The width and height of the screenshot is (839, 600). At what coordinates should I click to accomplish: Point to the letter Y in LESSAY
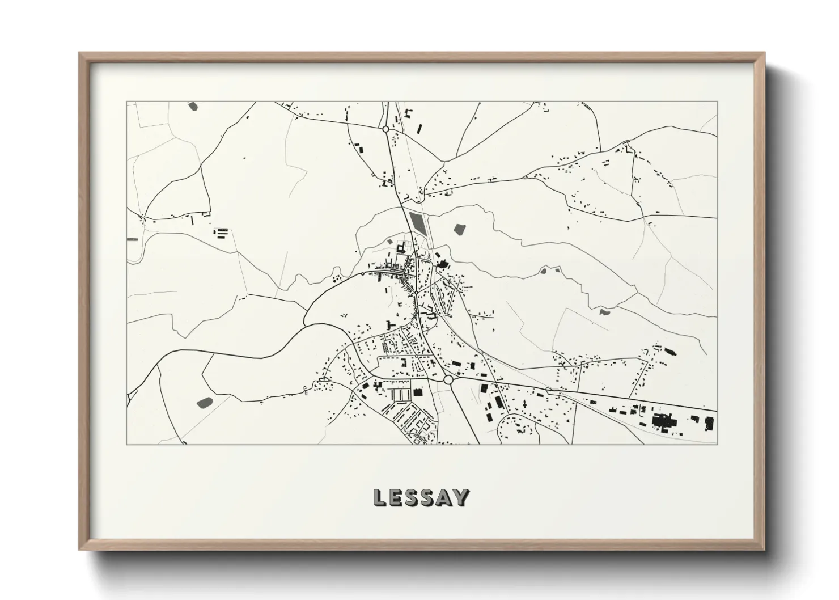point(462,497)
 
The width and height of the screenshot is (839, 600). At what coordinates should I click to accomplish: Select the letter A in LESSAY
point(444,497)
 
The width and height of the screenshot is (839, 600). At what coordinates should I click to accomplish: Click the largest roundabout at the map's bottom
point(448,379)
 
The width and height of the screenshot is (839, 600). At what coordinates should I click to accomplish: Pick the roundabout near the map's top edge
point(385,129)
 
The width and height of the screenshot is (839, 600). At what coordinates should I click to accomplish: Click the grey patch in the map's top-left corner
point(193,105)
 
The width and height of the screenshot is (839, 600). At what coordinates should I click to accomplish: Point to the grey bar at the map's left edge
point(133,239)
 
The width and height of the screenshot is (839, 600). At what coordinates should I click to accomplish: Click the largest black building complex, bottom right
point(661,421)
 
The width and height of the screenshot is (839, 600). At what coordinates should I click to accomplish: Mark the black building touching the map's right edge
point(709,422)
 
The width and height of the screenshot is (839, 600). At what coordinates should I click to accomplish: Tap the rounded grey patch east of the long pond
point(459,229)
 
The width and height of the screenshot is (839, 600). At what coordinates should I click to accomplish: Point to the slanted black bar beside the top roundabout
point(419,128)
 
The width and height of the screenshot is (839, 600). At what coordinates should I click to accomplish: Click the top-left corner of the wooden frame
point(80,53)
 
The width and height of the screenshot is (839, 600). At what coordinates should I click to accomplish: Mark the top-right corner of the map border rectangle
point(717,102)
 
